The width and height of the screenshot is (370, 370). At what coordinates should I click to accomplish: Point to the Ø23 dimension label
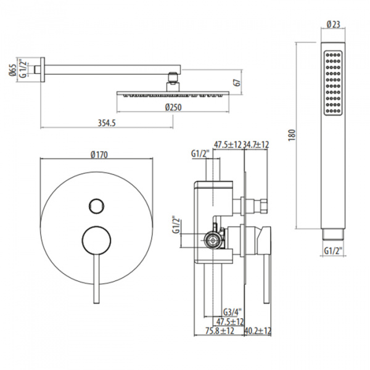pos(334,25)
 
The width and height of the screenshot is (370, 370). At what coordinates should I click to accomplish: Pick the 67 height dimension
pos(236,83)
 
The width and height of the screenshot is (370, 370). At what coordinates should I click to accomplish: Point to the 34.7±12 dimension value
pos(257,145)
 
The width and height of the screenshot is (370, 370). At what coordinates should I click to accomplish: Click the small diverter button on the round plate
pos(96,205)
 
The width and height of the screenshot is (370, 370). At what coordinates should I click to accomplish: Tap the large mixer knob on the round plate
pos(96,239)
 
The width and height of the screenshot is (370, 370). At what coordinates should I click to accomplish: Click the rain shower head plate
pos(173,94)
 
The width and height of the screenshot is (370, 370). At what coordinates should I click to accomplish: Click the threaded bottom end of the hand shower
pos(334,234)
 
